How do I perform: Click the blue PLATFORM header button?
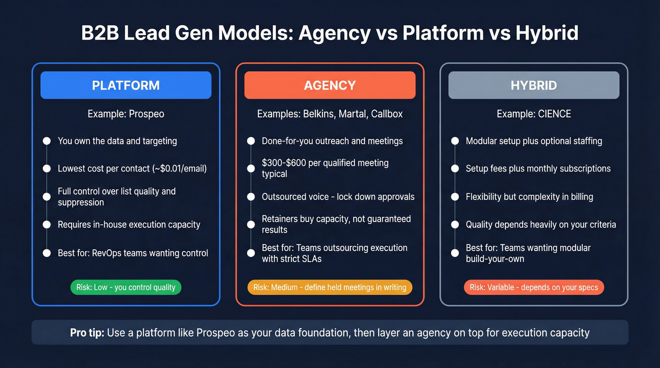tap(126, 85)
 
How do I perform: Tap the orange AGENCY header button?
tap(330, 85)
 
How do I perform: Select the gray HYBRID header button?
tap(534, 85)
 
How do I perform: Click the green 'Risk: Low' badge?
tap(126, 287)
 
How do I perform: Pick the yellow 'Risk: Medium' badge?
tap(330, 287)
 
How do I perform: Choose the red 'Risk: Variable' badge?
tap(534, 287)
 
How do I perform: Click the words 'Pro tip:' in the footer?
tap(87, 333)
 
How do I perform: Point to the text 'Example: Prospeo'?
tap(126, 114)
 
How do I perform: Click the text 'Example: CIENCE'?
tap(534, 114)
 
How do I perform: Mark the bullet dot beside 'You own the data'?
tap(47, 141)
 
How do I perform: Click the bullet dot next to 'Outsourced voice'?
tap(251, 196)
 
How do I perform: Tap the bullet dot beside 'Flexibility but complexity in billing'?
tap(455, 196)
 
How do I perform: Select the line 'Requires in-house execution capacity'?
tap(129, 224)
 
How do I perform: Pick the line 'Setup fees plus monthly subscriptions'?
tap(538, 168)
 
